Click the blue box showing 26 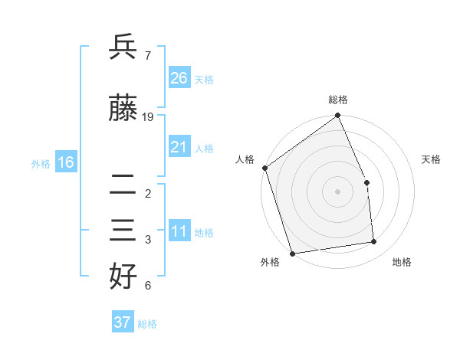coord(179,78)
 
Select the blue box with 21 coord(179,147)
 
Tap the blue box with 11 coord(179,232)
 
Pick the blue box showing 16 coord(66,162)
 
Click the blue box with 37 coord(123,322)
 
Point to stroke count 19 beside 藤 coord(149,117)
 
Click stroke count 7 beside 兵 coord(147,56)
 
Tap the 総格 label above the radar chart coord(338,100)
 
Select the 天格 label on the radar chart coord(432,159)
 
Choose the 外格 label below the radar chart coord(270,262)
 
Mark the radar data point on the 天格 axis coord(366,182)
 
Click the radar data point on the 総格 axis coord(337,116)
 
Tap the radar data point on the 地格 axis coord(374,242)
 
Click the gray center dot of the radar coord(337,191)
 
